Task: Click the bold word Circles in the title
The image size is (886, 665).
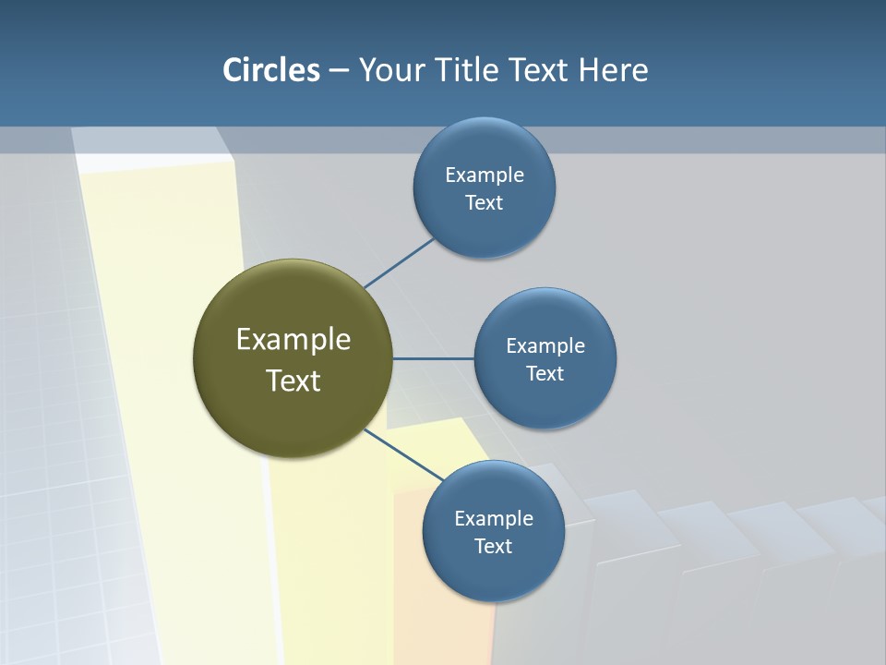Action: [271, 69]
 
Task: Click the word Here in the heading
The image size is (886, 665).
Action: [614, 69]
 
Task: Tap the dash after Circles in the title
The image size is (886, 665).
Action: [339, 70]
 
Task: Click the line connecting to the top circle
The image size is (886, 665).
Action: [399, 263]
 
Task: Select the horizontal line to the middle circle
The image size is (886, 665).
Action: [433, 358]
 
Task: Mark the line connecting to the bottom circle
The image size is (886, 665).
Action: [403, 454]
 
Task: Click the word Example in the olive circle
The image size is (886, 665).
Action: [293, 340]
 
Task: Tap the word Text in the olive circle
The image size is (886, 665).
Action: [293, 381]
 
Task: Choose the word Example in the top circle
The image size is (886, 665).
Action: [485, 175]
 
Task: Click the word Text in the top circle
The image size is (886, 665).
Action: [484, 202]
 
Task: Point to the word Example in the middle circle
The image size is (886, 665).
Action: [545, 345]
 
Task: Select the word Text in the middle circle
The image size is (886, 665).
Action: [545, 373]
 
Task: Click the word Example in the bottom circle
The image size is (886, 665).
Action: [494, 518]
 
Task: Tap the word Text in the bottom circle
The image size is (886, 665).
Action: [493, 546]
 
